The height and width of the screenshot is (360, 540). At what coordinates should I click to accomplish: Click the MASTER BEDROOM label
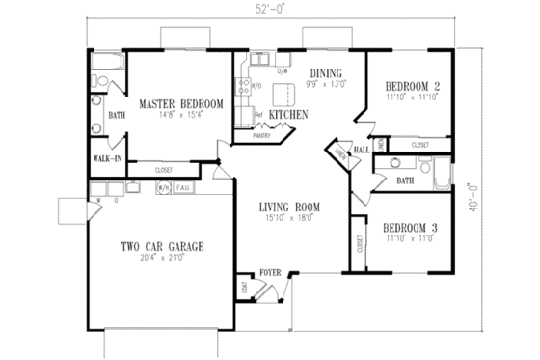tap(181, 103)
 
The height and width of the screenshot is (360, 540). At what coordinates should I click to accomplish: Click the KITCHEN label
tap(288, 114)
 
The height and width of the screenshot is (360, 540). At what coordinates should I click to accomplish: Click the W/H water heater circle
tap(163, 187)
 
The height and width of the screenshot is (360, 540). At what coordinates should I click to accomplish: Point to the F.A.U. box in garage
tap(183, 187)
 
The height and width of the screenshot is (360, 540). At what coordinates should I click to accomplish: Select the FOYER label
tap(269, 273)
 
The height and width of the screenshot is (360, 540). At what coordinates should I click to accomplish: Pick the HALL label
tap(364, 150)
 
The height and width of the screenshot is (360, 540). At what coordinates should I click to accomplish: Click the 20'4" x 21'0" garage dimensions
tap(161, 259)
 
